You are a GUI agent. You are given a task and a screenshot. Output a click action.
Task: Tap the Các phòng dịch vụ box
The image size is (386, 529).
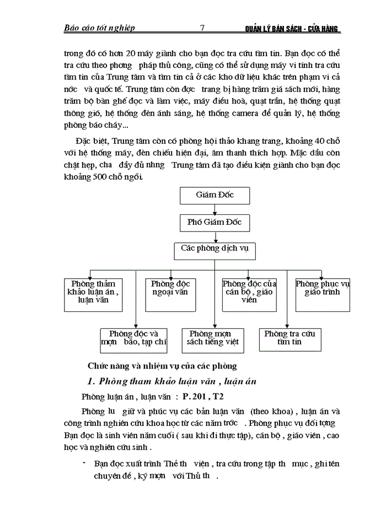(x=215, y=250)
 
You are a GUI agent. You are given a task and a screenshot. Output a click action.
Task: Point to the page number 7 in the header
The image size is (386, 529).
(x=202, y=28)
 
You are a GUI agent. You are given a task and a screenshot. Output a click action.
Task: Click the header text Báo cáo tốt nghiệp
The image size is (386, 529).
(x=100, y=28)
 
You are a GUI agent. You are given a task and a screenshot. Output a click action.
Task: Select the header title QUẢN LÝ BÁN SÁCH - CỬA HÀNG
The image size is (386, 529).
(x=292, y=28)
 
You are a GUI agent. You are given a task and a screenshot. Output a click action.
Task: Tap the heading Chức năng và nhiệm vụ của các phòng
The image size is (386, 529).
(x=162, y=365)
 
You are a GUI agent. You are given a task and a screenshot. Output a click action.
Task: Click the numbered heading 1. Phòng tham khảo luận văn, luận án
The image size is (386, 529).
(x=171, y=381)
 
